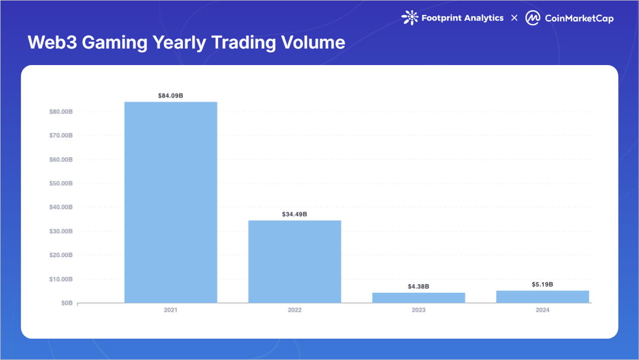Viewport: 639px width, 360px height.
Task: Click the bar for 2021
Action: coord(171,203)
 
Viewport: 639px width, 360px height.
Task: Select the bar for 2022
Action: coord(294,261)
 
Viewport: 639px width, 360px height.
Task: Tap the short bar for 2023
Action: coord(418,298)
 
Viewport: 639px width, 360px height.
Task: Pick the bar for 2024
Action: coord(542,297)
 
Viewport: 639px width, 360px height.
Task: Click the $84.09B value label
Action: coord(171,96)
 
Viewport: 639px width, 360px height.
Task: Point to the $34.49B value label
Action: coord(294,214)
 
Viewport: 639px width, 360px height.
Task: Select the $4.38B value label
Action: coord(418,286)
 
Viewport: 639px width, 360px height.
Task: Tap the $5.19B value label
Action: coord(542,284)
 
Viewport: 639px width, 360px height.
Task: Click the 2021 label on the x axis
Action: coord(171,310)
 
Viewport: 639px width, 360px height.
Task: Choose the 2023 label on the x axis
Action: coord(418,310)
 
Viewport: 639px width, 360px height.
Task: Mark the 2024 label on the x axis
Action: coord(542,310)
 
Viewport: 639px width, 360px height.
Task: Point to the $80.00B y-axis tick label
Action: coord(59,111)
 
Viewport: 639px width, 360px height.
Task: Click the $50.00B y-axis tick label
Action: coord(59,183)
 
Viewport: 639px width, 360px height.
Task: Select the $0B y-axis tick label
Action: coord(66,303)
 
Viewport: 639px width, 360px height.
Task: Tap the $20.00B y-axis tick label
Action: coord(59,255)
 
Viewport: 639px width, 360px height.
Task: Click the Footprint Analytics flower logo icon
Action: coord(409,18)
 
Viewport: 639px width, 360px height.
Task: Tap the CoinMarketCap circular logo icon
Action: coord(532,18)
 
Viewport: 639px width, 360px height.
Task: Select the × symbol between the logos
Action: coord(514,18)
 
